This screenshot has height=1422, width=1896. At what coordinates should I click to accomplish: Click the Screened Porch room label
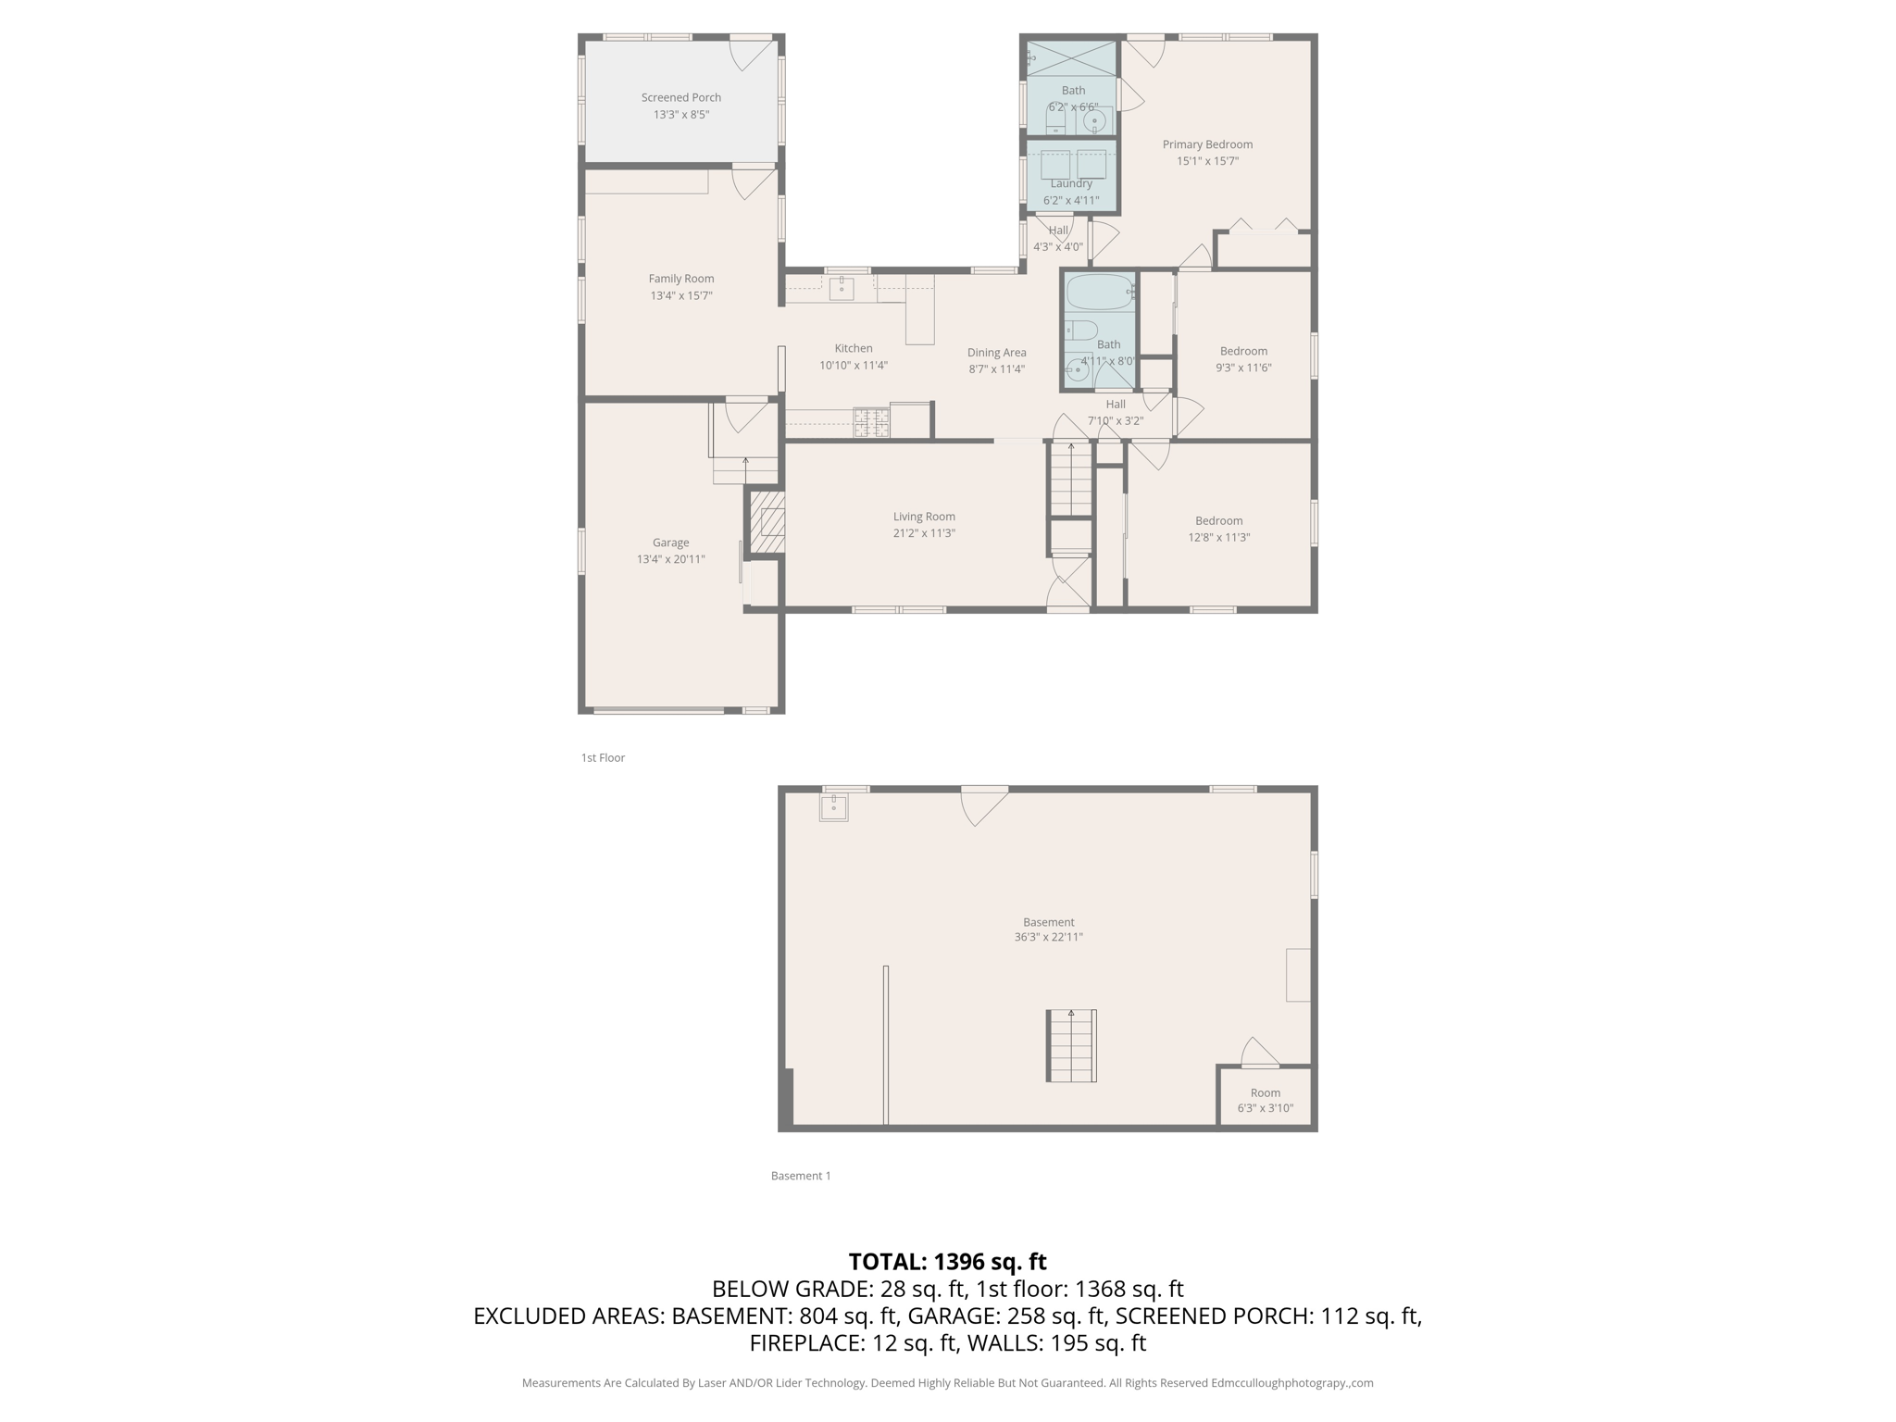680,97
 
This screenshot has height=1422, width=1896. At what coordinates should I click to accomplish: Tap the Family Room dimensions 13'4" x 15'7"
680,296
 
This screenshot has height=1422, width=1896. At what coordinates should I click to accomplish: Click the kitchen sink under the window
841,289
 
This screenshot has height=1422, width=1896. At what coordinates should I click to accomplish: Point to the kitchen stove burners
871,423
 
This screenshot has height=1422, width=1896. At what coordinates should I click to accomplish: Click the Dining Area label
996,353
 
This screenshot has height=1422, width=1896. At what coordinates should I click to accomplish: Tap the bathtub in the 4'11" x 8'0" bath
1099,293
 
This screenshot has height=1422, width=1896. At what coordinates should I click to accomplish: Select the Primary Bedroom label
1207,144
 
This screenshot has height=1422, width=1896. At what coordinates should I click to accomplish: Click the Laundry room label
1071,184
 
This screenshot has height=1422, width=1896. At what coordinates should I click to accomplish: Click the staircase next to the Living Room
1071,480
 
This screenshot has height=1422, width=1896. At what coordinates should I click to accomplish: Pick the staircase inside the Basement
1071,1046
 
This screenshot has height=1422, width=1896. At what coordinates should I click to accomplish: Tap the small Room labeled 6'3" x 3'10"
1265,1099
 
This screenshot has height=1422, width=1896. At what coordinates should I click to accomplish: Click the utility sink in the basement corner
833,807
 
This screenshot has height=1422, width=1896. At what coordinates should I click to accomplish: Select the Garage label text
670,543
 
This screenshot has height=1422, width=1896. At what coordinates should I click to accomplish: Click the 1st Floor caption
603,758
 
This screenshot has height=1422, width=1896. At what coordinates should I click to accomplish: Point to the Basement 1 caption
801,1176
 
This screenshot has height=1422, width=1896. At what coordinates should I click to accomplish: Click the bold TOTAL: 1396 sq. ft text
947,1262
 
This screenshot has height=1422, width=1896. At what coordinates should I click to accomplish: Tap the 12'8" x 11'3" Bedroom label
1218,521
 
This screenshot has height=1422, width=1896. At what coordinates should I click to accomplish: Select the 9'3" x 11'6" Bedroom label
1243,352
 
